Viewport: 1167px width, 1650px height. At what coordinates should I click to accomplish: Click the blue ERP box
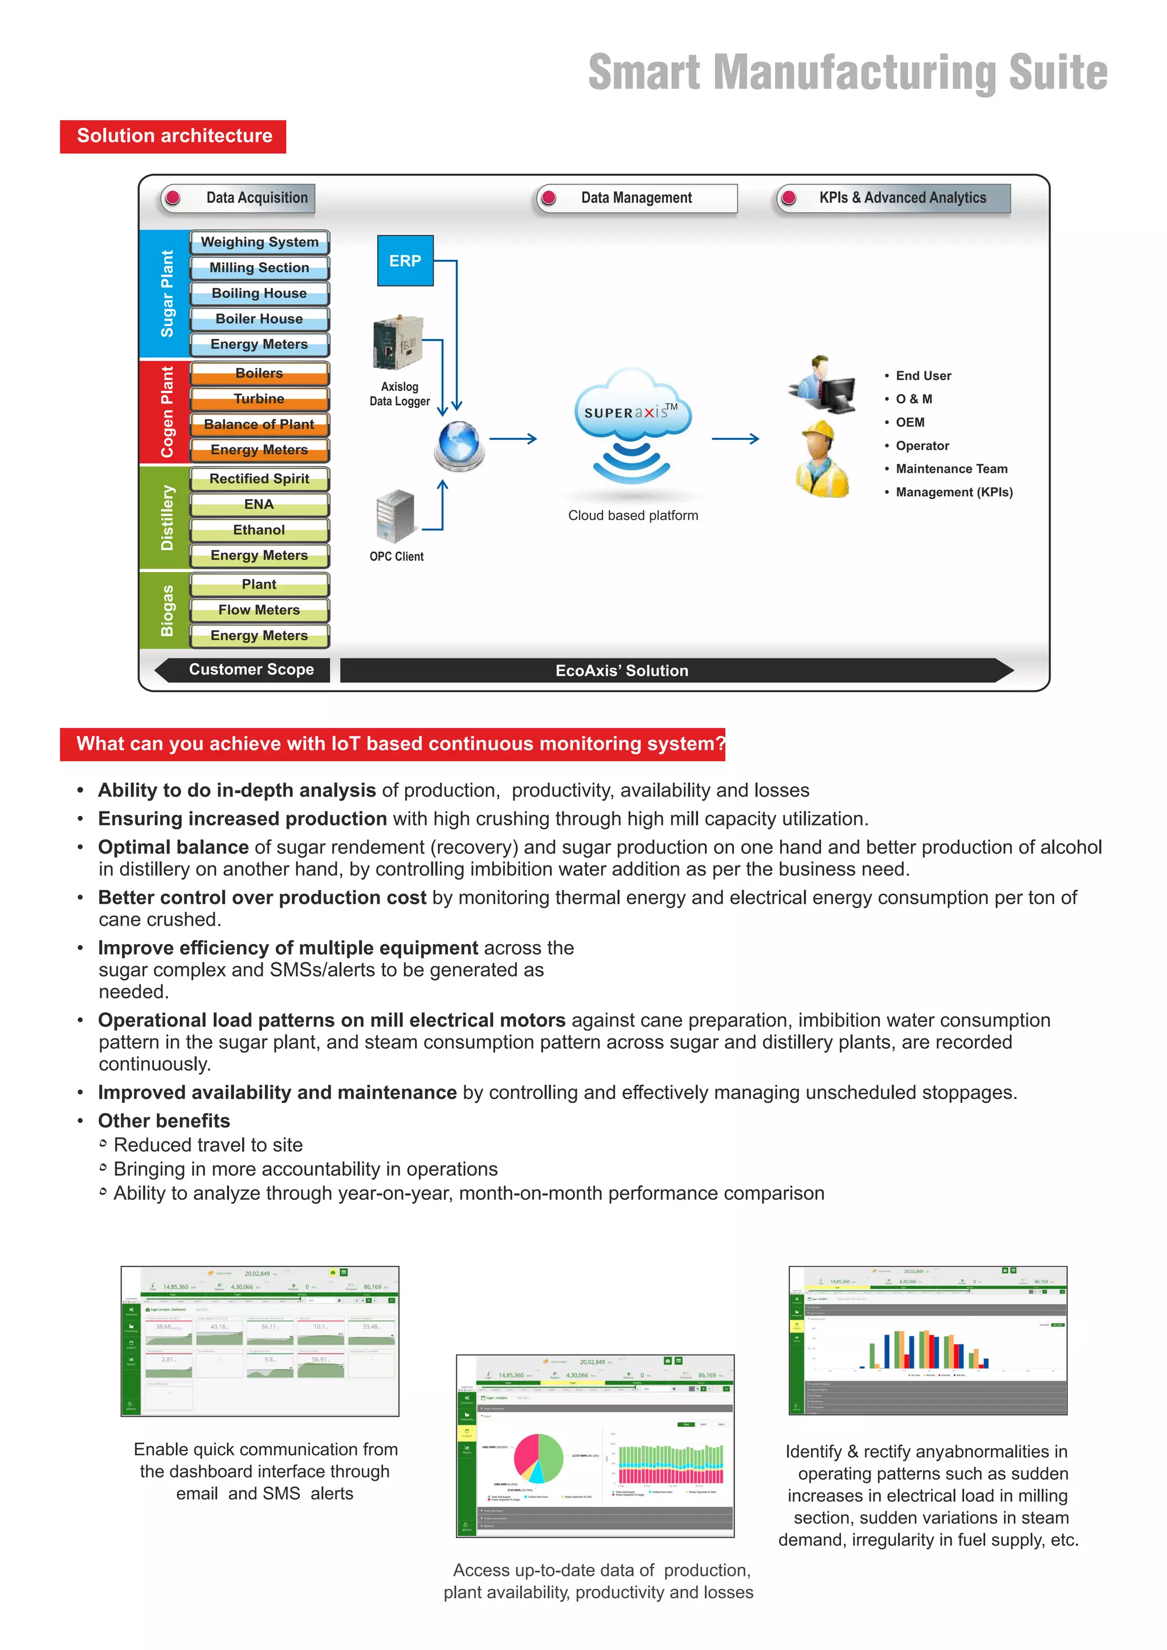coord(405,261)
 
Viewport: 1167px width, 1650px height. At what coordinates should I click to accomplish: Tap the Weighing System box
coord(259,242)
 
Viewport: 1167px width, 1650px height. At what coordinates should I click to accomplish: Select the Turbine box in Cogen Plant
coord(259,399)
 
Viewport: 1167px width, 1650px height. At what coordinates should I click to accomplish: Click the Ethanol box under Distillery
coord(259,530)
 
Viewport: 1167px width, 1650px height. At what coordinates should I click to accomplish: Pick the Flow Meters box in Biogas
coord(259,610)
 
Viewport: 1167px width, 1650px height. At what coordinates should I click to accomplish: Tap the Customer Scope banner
coord(251,670)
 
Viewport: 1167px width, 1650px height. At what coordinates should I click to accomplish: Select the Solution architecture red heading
coord(173,137)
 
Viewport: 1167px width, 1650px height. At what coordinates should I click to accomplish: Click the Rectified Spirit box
coord(259,479)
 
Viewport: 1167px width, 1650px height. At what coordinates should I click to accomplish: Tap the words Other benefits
coord(164,1121)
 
